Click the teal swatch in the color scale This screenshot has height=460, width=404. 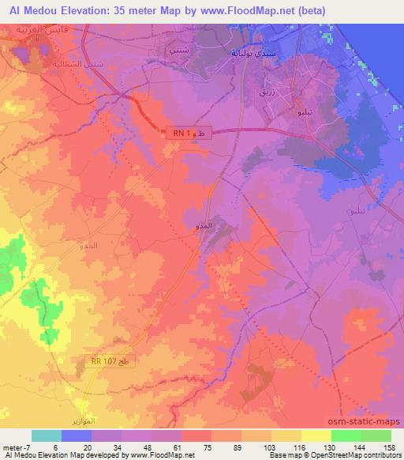pos(47,435)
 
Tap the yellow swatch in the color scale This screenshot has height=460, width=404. pos(316,435)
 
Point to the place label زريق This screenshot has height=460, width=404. pos(267,92)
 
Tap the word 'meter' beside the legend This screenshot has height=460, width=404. pos(13,446)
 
